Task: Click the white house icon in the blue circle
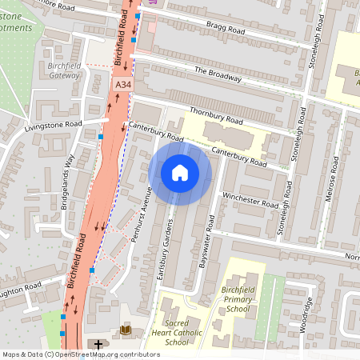180,172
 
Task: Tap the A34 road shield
122,84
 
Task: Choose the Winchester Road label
250,199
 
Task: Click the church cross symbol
98,345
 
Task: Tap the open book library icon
126,329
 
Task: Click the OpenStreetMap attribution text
80,354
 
